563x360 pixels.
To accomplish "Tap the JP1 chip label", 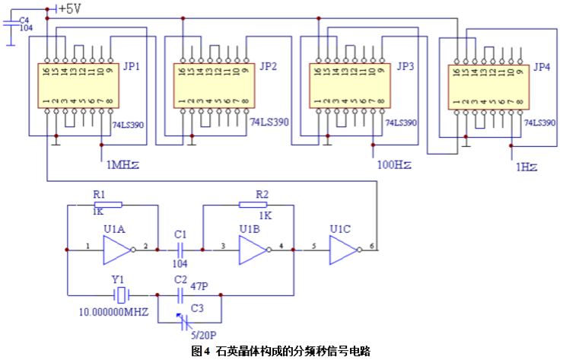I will click(131, 66).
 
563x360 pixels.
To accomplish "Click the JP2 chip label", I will click(268, 66).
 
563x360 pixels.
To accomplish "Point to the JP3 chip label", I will click(405, 66).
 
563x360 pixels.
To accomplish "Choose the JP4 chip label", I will click(541, 67).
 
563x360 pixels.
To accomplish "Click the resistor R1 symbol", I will click(107, 204).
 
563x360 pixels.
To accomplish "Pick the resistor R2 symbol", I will click(253, 204).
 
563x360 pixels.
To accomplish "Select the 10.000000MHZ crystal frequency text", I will click(114, 312).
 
